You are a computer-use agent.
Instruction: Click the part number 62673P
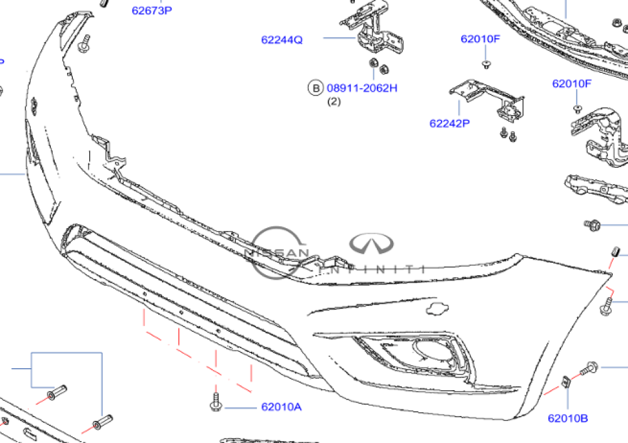click(151, 11)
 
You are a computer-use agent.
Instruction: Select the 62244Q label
click(282, 40)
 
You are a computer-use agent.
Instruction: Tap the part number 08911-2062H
click(362, 88)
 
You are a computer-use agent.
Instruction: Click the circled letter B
click(315, 88)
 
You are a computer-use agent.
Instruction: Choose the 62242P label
click(450, 124)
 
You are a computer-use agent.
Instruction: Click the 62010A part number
click(281, 407)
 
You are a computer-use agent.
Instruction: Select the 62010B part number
click(568, 418)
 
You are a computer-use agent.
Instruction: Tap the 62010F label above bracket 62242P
click(480, 39)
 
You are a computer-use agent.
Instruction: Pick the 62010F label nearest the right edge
click(572, 84)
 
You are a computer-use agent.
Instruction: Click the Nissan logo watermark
click(277, 253)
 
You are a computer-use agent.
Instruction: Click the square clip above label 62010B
click(566, 380)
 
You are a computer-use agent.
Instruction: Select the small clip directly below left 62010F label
click(486, 63)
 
